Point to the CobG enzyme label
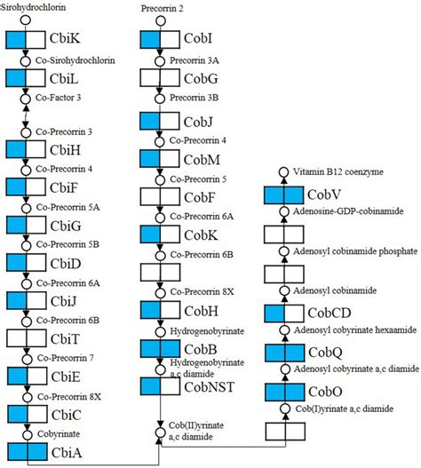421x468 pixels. click(201, 80)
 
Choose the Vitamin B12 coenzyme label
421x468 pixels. click(332, 171)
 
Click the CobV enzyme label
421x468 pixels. click(328, 194)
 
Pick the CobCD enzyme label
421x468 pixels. click(333, 313)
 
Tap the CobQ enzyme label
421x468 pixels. click(328, 353)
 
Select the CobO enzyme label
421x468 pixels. click(328, 392)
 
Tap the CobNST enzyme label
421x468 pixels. click(210, 387)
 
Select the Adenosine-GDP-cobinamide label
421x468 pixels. click(337, 211)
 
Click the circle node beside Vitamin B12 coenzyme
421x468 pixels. click(283, 171)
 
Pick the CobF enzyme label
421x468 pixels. click(200, 196)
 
